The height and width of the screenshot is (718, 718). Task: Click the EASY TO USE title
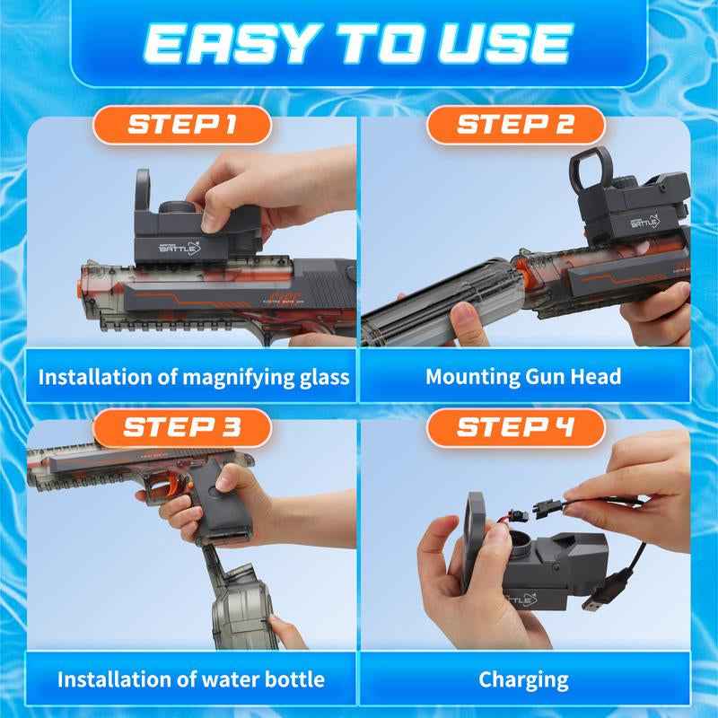(x=359, y=42)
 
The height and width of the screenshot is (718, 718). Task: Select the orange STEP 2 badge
(x=515, y=125)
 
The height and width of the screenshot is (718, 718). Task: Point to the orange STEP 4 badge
(x=515, y=427)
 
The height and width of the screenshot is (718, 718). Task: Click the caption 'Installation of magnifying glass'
(x=193, y=375)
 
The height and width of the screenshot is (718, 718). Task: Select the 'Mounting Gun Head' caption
(x=523, y=375)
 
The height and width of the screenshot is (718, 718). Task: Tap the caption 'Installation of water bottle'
(x=190, y=679)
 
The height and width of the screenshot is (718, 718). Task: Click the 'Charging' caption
(x=523, y=679)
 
